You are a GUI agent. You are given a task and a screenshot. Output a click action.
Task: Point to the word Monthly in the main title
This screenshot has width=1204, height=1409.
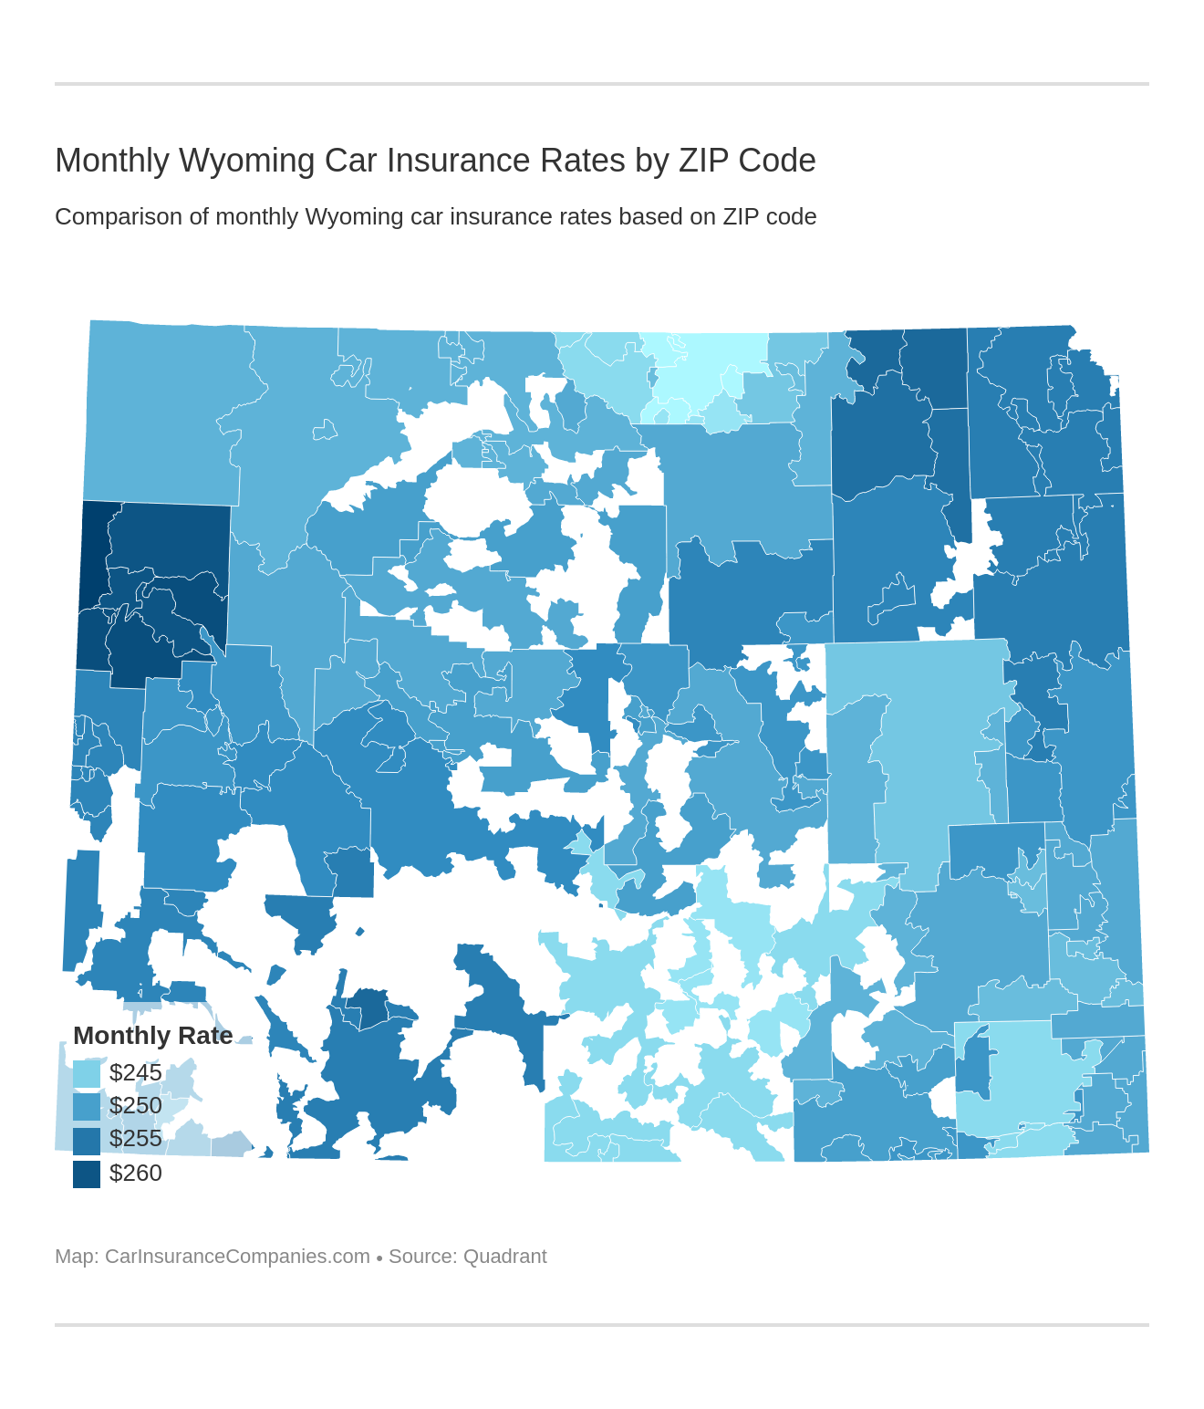(x=112, y=161)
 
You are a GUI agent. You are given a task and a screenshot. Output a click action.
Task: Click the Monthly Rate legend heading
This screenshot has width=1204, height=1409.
(x=152, y=1036)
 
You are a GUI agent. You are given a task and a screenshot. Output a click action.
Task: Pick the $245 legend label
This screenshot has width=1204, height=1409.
(x=136, y=1072)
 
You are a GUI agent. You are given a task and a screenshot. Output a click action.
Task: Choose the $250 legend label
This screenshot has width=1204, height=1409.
(x=136, y=1106)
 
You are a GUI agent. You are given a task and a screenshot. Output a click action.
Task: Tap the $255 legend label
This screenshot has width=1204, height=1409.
(x=136, y=1139)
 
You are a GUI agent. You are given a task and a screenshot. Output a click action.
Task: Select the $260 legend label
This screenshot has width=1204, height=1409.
(x=136, y=1173)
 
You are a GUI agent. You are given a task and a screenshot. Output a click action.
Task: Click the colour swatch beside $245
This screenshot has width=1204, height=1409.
(x=87, y=1073)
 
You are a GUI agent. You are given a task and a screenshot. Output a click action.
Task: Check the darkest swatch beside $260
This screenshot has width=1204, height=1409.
(x=87, y=1174)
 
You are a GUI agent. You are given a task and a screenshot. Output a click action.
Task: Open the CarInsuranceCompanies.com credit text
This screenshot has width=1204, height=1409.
(x=237, y=1257)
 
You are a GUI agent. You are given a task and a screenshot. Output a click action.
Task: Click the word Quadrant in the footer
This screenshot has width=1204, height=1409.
(x=504, y=1257)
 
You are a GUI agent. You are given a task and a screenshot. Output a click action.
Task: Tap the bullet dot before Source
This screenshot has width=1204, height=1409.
(x=379, y=1258)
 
